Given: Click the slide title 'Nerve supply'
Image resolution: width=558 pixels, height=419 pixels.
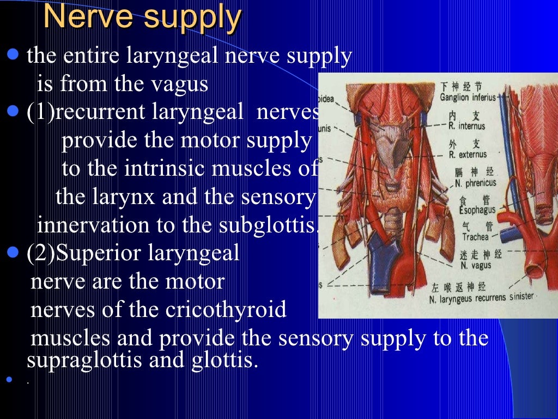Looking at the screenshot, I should click(x=142, y=18).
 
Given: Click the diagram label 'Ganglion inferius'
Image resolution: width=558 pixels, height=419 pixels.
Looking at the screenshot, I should click(x=468, y=98).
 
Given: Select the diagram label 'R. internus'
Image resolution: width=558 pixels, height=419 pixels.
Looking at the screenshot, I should click(x=467, y=126).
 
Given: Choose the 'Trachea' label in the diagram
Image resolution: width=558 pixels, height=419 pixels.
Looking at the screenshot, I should click(x=475, y=237).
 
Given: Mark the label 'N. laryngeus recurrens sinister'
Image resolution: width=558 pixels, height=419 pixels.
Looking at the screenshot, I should click(x=481, y=298).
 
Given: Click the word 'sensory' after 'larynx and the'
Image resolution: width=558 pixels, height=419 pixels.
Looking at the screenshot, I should click(x=280, y=197).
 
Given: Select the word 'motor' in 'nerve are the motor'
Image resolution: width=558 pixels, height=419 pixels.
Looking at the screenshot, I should click(x=197, y=282).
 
